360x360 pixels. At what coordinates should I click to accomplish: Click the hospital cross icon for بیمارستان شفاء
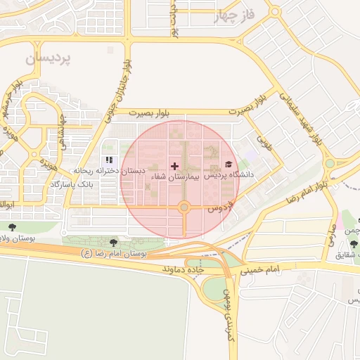pyautogui.click(x=174, y=166)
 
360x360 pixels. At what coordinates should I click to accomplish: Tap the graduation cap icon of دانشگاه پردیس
pyautogui.click(x=227, y=163)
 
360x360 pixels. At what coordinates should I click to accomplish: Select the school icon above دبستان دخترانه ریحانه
pyautogui.click(x=109, y=160)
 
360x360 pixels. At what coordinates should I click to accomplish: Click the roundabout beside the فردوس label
pyautogui.click(x=184, y=207)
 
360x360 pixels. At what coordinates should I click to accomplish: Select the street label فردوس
pyautogui.click(x=219, y=209)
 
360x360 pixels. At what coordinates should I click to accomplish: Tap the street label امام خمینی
pyautogui.click(x=263, y=269)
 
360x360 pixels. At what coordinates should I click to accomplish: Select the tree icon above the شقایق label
pyautogui.click(x=354, y=244)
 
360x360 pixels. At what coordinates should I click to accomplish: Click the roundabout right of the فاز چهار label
pyautogui.click(x=275, y=11)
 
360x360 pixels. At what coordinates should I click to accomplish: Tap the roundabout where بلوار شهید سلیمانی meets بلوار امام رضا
pyautogui.click(x=329, y=165)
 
